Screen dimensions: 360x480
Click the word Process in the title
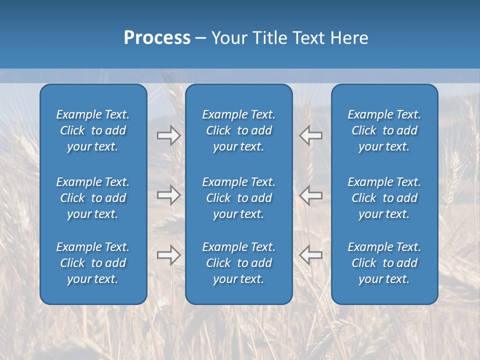point(157,38)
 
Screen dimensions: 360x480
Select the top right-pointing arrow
point(168,135)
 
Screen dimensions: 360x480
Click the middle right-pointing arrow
point(168,195)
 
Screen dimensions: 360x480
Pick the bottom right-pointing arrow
point(168,254)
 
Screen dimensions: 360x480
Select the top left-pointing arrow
point(311,135)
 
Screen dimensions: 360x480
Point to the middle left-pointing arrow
point(311,195)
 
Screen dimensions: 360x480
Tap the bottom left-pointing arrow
point(311,254)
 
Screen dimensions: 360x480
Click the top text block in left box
point(93,130)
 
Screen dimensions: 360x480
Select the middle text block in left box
point(93,198)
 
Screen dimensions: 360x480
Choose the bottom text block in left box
point(93,263)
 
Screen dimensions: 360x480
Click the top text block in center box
point(239,130)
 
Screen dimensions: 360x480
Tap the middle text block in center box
point(239,198)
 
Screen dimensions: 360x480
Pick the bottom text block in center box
point(239,263)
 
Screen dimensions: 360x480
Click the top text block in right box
point(384,130)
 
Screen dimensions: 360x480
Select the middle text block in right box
point(384,198)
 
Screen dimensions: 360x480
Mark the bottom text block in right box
point(384,263)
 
